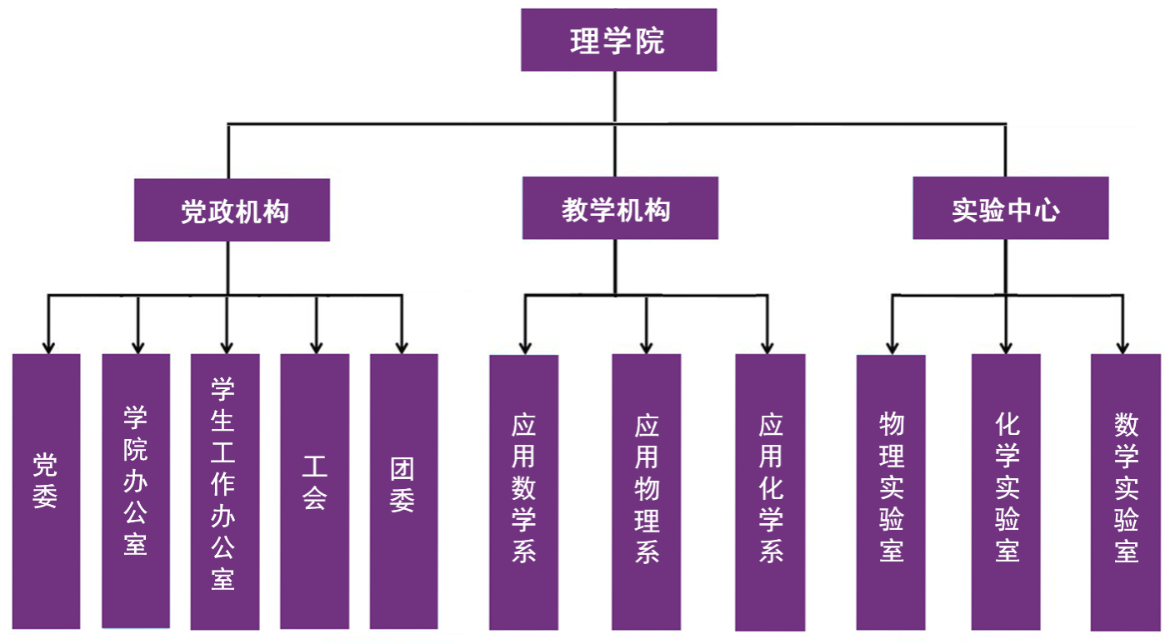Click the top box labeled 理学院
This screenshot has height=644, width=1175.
618,40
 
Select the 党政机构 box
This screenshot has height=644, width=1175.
232,211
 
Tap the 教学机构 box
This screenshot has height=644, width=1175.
620,208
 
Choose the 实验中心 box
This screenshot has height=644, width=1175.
1010,208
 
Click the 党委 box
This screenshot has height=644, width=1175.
47,492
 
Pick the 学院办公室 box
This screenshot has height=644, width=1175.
136,492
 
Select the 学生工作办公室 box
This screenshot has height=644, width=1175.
225,492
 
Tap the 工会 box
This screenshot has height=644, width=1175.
314,492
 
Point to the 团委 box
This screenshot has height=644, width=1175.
403,492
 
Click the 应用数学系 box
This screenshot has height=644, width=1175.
523,492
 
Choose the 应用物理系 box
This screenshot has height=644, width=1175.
647,492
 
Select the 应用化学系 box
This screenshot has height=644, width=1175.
770,492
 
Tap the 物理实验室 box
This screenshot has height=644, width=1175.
892,492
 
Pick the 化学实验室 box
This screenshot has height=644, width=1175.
1006,492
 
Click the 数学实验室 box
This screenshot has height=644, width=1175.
1126,492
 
